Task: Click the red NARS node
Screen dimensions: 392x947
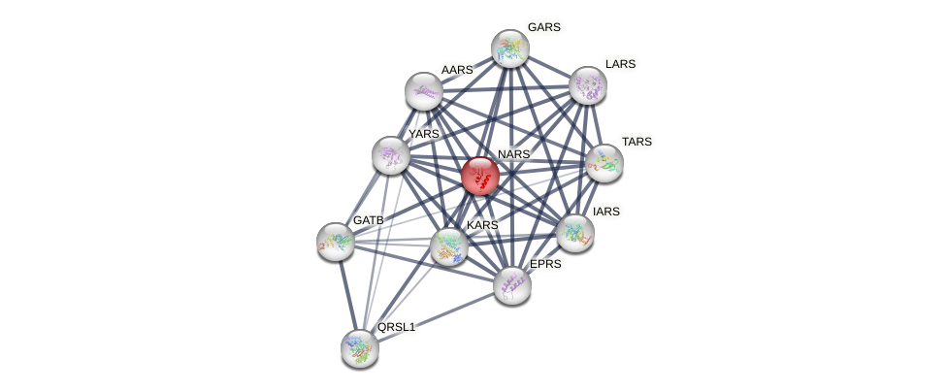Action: [480, 176]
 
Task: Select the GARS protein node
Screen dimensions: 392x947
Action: [509, 48]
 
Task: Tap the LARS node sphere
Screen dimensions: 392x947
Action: [588, 85]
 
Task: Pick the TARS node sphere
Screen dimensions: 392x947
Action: [604, 163]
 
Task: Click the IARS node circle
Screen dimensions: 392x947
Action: [575, 232]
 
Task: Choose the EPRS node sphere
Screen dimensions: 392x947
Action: [512, 285]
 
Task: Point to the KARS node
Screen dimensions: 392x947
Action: [449, 245]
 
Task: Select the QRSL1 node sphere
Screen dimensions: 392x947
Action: [360, 347]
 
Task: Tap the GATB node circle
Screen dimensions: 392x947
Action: [336, 242]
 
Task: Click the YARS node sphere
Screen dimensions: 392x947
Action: [391, 155]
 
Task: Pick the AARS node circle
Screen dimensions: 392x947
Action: [424, 91]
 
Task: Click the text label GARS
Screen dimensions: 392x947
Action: [543, 27]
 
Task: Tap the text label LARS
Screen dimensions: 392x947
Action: [620, 64]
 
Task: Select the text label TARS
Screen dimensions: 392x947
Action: [637, 142]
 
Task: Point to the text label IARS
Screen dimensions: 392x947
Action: [606, 212]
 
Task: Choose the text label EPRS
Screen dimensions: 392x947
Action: [544, 264]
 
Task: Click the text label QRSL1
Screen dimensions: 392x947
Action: [396, 327]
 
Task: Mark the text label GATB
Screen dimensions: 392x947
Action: [369, 220]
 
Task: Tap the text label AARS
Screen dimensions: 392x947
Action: [456, 70]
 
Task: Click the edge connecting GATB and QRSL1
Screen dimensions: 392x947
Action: [347, 294]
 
